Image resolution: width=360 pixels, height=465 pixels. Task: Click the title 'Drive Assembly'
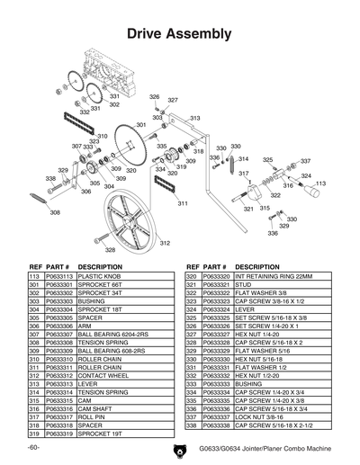pyautogui.click(x=180, y=33)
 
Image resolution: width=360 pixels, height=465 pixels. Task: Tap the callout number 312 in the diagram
pyautogui.click(x=165, y=243)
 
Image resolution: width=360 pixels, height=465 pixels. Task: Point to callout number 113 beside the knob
pyautogui.click(x=319, y=184)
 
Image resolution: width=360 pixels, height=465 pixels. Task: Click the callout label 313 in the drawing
pyautogui.click(x=194, y=118)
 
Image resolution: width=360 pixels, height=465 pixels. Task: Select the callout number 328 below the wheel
pyautogui.click(x=110, y=250)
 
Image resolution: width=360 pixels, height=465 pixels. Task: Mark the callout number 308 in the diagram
pyautogui.click(x=55, y=213)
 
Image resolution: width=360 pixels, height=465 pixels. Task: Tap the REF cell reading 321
pyautogui.click(x=190, y=285)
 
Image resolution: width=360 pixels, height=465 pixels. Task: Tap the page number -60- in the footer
pyautogui.click(x=33, y=447)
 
